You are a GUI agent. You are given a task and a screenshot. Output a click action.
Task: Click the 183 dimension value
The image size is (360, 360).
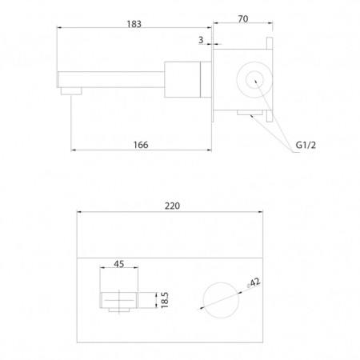(x=134, y=24)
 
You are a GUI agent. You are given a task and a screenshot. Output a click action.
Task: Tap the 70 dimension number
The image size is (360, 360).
(x=243, y=19)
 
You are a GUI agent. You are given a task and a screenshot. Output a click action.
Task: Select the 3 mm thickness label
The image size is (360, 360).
(x=201, y=40)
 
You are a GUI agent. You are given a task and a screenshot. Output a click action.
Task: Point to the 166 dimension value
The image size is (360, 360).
(x=141, y=145)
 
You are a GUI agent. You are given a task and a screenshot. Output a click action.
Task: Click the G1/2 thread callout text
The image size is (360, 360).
(x=306, y=145)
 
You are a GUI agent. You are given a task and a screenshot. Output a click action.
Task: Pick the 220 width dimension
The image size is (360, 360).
(x=172, y=206)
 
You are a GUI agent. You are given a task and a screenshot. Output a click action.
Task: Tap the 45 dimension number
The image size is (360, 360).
(x=119, y=264)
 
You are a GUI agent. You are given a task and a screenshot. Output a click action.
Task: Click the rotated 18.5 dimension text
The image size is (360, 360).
(x=165, y=300)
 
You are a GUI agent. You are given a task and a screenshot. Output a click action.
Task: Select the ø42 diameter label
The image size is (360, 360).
(x=254, y=282)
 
